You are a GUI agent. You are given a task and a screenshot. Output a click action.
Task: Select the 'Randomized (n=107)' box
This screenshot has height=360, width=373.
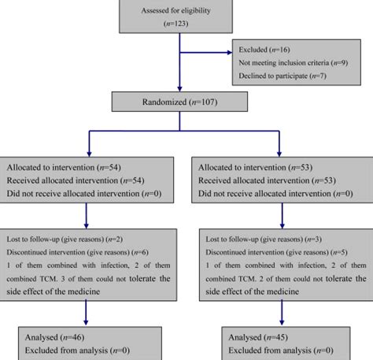coord(180,102)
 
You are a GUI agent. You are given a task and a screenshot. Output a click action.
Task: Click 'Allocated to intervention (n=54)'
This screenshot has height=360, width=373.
coord(59,167)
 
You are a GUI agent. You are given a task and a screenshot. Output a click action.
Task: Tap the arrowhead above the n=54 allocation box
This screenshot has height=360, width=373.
coord(86,152)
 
